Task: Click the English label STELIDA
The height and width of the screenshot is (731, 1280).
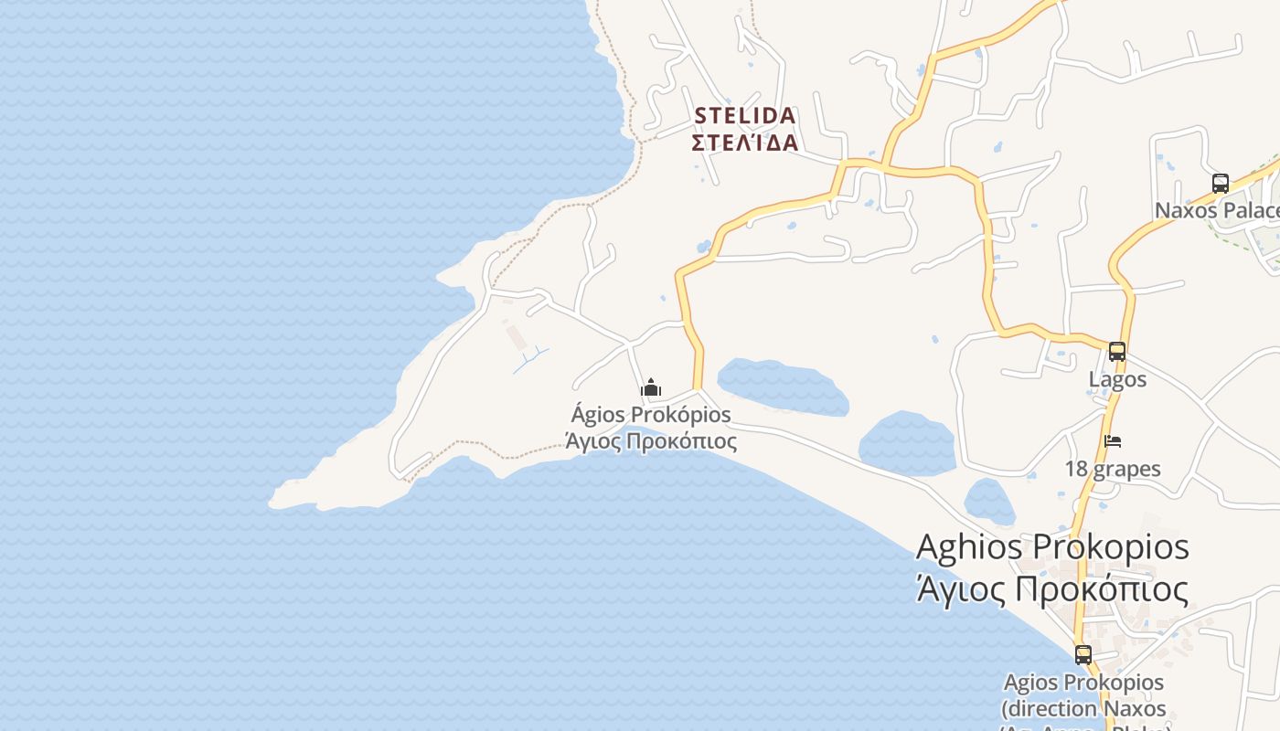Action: click(x=745, y=116)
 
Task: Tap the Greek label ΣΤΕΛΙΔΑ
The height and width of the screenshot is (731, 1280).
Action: click(x=745, y=143)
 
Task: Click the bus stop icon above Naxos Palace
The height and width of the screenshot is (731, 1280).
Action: click(x=1221, y=183)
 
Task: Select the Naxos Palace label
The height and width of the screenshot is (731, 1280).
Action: click(x=1216, y=211)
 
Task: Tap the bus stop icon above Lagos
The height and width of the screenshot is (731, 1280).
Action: click(x=1116, y=352)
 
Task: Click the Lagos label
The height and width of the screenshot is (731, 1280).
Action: click(x=1117, y=378)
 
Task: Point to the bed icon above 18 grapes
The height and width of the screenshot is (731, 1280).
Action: click(x=1113, y=441)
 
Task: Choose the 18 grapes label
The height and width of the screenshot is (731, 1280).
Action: click(x=1113, y=470)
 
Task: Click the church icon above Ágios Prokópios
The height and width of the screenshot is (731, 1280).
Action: click(x=651, y=387)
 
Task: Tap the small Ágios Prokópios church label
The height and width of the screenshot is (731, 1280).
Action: click(x=651, y=415)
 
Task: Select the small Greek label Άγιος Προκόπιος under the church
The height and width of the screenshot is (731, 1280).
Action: click(x=651, y=441)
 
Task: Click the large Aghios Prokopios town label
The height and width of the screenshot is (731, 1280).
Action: click(x=1052, y=546)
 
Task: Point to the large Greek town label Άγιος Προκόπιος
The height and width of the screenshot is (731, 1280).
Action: click(x=1052, y=589)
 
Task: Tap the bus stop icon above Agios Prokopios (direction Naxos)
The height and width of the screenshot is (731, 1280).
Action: click(x=1083, y=654)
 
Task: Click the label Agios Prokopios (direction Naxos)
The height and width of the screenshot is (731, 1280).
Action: click(x=1083, y=695)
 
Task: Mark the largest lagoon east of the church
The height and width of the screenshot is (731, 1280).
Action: click(x=783, y=386)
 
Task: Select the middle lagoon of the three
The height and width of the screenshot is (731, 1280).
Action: click(x=906, y=443)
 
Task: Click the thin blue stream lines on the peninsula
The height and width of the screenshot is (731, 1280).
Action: click(x=531, y=359)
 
